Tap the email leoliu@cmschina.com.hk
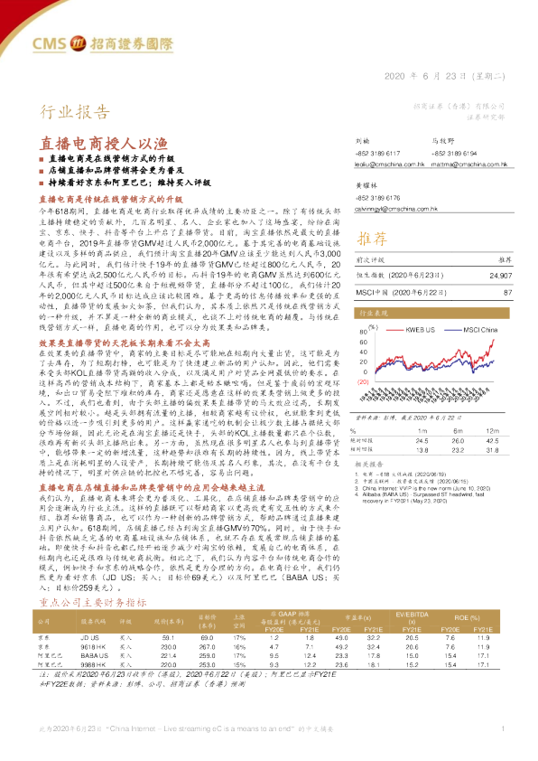(389, 164)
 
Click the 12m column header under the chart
(495, 432)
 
